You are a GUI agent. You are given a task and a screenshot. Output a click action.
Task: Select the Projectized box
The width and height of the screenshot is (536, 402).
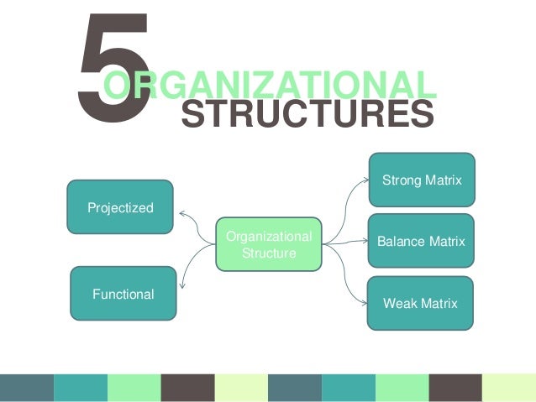pyautogui.click(x=120, y=206)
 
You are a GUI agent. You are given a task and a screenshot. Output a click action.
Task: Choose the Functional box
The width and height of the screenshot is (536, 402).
pyautogui.click(x=123, y=294)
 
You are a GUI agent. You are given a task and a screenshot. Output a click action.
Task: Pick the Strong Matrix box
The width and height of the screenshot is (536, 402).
pyautogui.click(x=422, y=180)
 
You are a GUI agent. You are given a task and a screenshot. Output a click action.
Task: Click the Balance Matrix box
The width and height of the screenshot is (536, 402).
pyautogui.click(x=421, y=241)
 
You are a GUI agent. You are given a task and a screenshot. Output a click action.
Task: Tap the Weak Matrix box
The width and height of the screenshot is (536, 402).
pyautogui.click(x=420, y=303)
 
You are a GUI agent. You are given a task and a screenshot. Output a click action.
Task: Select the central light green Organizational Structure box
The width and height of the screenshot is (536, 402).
pyautogui.click(x=269, y=244)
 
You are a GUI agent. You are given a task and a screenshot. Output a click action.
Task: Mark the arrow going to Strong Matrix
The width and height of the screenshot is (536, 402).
pyautogui.click(x=349, y=201)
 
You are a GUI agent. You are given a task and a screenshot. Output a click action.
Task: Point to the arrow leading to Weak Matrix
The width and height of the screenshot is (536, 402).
pyautogui.click(x=349, y=281)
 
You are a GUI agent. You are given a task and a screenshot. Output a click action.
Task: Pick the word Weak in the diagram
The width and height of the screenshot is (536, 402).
pyautogui.click(x=398, y=303)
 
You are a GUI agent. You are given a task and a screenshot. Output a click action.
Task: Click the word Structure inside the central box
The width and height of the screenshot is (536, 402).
pyautogui.click(x=269, y=253)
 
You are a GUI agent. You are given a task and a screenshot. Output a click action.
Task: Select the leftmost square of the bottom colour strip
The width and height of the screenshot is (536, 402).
pyautogui.click(x=27, y=388)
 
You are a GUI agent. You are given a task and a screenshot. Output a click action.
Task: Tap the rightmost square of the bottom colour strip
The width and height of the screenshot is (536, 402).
pyautogui.click(x=509, y=388)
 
